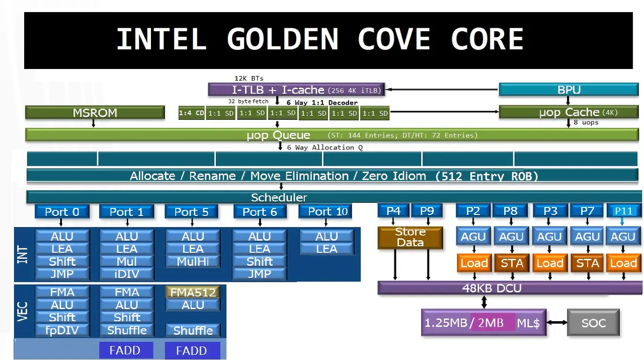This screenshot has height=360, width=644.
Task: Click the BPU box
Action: coord(569,90)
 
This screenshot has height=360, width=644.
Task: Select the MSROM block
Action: coord(95,113)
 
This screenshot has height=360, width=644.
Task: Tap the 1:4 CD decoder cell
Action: coord(191,113)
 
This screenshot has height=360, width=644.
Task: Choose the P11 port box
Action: coord(623,211)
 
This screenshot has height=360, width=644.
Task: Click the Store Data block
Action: coord(410,238)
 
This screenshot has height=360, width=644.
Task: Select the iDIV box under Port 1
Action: coord(127,274)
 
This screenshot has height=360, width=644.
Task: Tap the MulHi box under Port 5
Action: coord(193,262)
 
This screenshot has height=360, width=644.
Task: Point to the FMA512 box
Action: coord(193,293)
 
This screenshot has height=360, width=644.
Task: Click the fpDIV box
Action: coord(62,331)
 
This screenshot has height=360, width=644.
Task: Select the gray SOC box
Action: coord(593,323)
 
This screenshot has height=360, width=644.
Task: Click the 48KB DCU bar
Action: coord(485,289)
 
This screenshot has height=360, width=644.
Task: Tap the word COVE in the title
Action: coord(394,39)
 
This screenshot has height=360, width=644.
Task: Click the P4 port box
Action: coord(393,211)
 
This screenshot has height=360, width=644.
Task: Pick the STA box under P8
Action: coord(512,263)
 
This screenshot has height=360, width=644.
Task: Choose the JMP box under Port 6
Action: coord(260,274)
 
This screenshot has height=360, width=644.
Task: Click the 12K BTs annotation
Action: coord(249,79)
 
